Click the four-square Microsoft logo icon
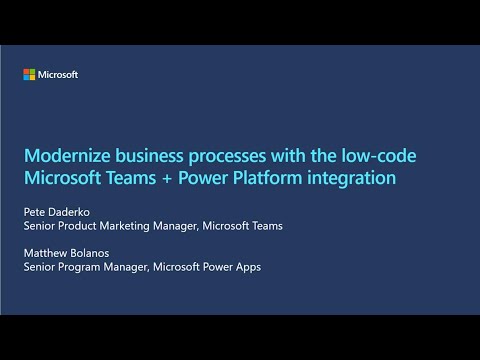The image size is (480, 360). coord(29,75)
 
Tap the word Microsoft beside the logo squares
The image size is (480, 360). coord(58,75)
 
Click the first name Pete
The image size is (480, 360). coord(36,212)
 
